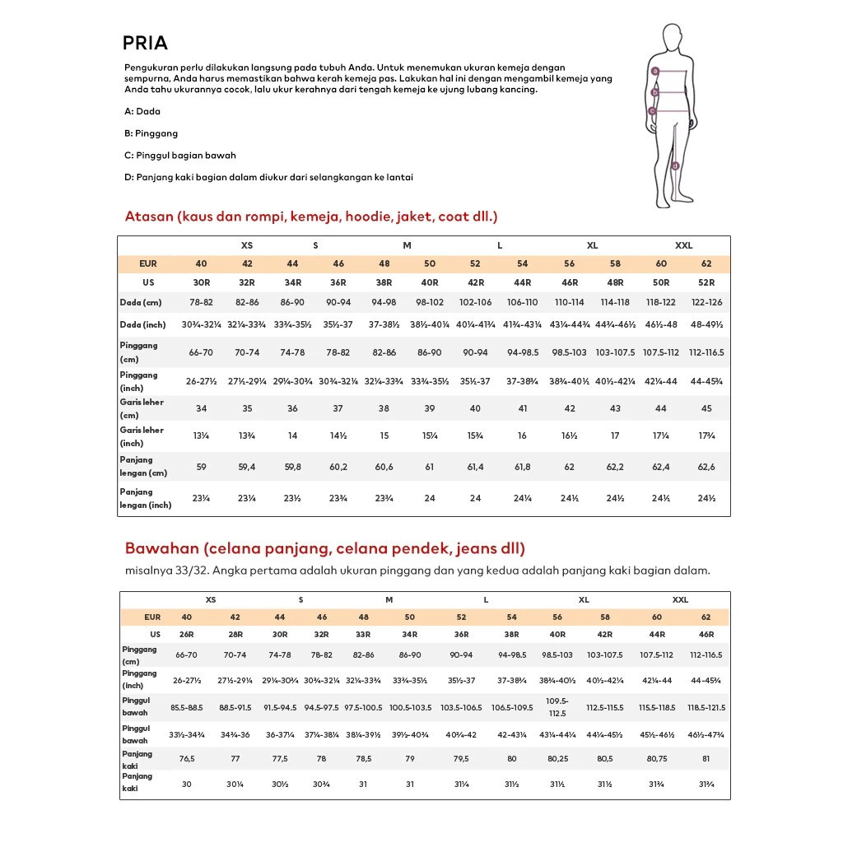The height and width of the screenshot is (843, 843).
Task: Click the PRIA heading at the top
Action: coord(145,43)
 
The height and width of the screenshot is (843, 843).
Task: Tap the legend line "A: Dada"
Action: coord(142,111)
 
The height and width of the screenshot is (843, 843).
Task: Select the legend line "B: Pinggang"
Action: coord(151,133)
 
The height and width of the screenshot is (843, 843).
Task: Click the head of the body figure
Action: coord(672,38)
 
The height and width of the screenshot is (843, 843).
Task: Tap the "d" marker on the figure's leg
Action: coord(675,165)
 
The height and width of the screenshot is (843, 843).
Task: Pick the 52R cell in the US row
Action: coord(706,282)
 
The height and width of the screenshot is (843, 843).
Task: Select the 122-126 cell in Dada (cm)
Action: coord(706,303)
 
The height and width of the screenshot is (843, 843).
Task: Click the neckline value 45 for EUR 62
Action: coord(706,409)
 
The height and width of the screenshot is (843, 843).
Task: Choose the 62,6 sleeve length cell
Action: coord(706,467)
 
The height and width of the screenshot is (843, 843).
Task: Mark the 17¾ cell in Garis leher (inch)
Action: coord(706,436)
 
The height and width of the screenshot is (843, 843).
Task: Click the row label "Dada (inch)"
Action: coord(142,325)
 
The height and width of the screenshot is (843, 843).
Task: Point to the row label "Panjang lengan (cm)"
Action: coord(143,467)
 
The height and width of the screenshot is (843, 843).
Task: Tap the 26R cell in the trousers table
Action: coord(187,635)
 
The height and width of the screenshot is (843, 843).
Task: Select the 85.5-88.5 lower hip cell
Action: coord(187,708)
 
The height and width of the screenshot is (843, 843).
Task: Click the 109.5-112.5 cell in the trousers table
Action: coord(557,708)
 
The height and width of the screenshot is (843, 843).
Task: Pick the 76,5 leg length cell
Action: coord(187,759)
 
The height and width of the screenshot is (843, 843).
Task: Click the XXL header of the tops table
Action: coord(683,245)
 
